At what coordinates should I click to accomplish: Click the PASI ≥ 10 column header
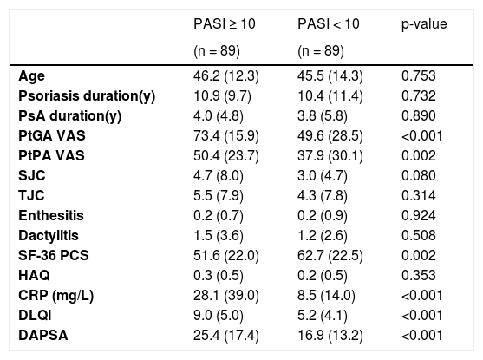[225, 24]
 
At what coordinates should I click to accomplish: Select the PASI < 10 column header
[329, 24]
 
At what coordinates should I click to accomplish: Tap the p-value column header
[424, 24]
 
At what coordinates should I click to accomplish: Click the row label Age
[31, 76]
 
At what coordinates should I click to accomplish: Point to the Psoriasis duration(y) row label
[87, 96]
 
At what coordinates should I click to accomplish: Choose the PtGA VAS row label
[52, 135]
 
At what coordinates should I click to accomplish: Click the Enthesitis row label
[51, 215]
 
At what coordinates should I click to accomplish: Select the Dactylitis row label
[49, 235]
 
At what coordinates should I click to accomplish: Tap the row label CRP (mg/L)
[56, 295]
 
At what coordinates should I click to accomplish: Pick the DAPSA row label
[43, 335]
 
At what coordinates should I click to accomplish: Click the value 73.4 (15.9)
[226, 136]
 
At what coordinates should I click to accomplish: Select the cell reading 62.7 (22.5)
[330, 256]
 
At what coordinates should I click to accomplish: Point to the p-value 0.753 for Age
[419, 75]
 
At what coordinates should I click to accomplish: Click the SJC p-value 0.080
[419, 175]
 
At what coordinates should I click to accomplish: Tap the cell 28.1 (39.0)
[226, 295]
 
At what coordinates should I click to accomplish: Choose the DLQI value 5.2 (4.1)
[323, 315]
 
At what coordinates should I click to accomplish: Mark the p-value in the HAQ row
[419, 275]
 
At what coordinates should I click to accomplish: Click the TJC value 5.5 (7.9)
[219, 196]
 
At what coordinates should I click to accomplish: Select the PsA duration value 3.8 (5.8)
[323, 116]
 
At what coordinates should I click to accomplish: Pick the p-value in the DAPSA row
[422, 335]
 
